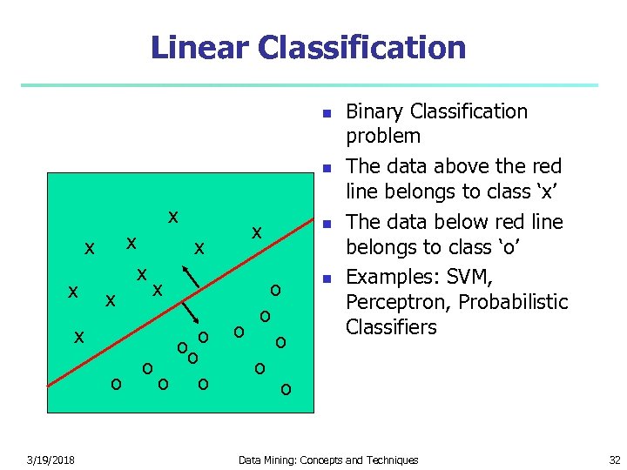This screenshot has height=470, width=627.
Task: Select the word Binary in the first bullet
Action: [x=374, y=111]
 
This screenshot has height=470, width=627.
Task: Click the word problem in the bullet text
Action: [x=383, y=136]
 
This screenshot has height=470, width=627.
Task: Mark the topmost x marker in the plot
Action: [x=173, y=216]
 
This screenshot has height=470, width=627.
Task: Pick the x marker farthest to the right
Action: [x=257, y=232]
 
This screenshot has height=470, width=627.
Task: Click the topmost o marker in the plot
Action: [x=275, y=290]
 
